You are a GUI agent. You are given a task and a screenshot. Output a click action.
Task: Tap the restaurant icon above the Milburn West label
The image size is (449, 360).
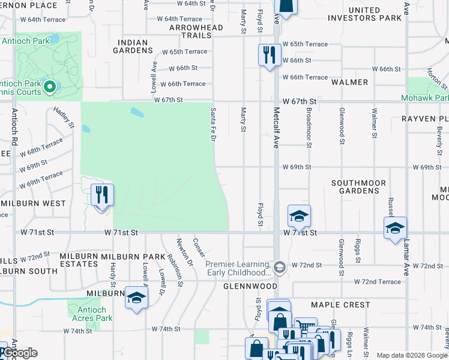[101, 195]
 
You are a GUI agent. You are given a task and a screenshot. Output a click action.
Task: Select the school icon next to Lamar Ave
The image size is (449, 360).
[395, 228]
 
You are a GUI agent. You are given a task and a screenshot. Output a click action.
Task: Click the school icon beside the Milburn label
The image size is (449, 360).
[136, 298]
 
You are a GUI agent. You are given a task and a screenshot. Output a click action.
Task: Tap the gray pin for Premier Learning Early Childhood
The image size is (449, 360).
[279, 265]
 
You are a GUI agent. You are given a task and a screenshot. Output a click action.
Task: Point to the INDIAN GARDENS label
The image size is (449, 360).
[134, 46]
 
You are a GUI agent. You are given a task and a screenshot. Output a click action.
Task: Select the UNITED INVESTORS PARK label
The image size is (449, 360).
[364, 14]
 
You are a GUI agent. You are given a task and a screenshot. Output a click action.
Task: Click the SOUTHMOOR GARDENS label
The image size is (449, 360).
[358, 187]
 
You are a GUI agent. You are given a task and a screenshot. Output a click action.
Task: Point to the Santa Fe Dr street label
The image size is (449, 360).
[212, 124]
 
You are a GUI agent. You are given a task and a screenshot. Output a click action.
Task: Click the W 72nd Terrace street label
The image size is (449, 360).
[377, 281]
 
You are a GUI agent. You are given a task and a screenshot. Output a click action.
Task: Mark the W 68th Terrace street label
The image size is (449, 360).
[41, 147]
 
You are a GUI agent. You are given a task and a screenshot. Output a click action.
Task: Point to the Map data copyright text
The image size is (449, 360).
[411, 355]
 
